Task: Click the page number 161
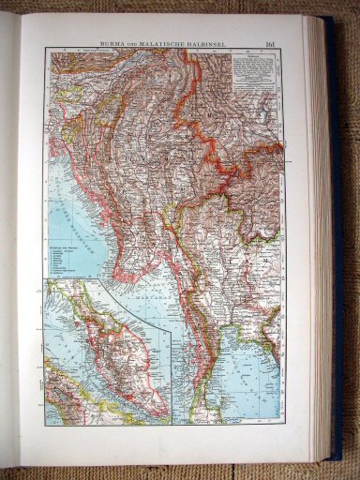271,41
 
